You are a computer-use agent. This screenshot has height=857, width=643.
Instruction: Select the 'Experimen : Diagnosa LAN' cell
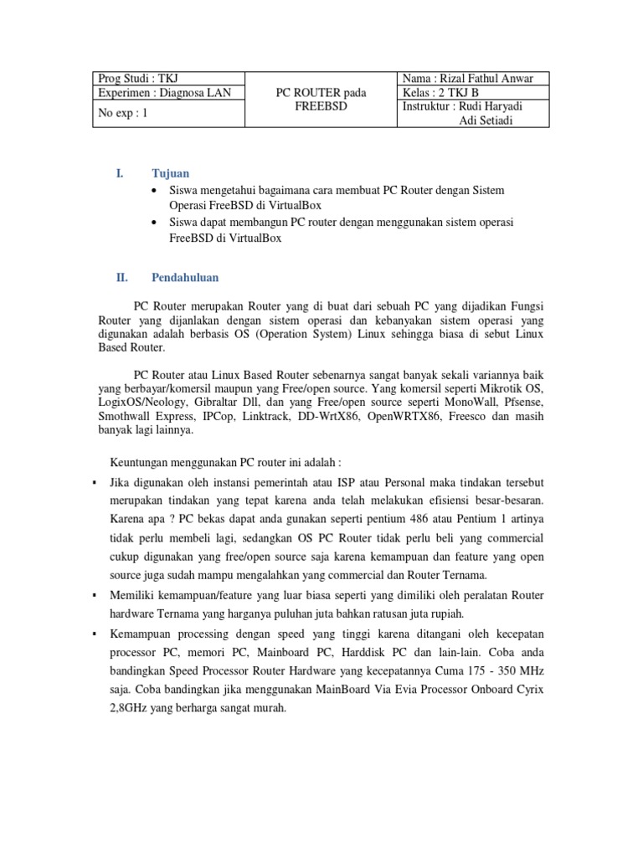[154, 93]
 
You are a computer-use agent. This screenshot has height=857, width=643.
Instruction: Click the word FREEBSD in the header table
[321, 108]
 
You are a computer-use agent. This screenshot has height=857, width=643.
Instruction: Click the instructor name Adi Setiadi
[487, 121]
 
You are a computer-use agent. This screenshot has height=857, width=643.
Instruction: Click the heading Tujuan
[170, 173]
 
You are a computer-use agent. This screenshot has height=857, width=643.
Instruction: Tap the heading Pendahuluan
[185, 277]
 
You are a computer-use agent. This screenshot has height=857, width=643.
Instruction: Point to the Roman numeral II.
[120, 277]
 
